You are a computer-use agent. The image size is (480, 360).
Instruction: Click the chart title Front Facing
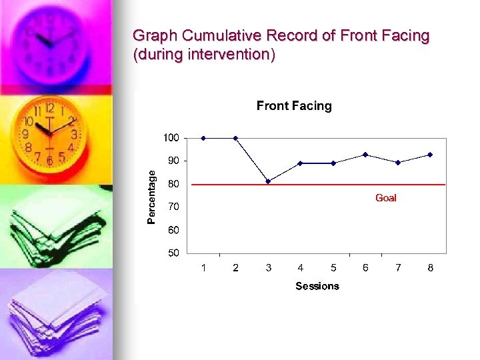coord(294,106)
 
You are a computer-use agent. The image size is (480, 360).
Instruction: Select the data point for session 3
coord(268,181)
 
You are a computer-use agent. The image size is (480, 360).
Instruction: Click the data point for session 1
coord(203,138)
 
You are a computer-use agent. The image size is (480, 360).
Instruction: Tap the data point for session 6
coord(365,155)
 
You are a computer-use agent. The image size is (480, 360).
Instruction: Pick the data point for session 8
coord(430,155)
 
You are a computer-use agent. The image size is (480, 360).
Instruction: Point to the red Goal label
coord(385,198)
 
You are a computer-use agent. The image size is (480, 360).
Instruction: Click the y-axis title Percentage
coord(151,197)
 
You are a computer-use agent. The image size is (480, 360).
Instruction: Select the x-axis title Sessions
coord(317,286)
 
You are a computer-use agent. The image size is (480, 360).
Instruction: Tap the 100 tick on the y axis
coord(171,138)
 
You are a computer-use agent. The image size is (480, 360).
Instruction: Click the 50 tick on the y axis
coord(173,253)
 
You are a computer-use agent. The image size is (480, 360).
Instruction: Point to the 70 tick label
coord(173,207)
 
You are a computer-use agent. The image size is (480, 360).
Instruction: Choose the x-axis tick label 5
coord(333,268)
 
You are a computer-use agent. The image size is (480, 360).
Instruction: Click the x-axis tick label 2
coord(235,268)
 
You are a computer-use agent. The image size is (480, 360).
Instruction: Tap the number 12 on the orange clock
coord(49,109)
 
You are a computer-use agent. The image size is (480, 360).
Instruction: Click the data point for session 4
coord(301,163)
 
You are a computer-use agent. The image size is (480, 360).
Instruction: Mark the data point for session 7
coord(398,163)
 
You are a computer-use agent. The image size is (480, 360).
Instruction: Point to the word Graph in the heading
coord(151,36)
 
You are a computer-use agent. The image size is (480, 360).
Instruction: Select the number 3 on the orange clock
coord(74,134)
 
